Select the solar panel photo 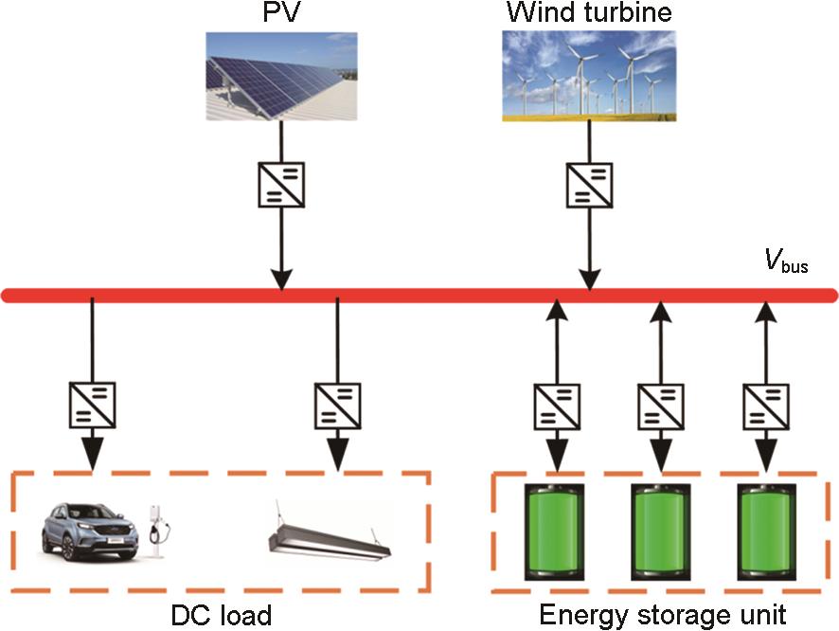[282, 76]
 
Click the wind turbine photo [589, 76]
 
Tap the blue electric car [90, 531]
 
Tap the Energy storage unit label [662, 613]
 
